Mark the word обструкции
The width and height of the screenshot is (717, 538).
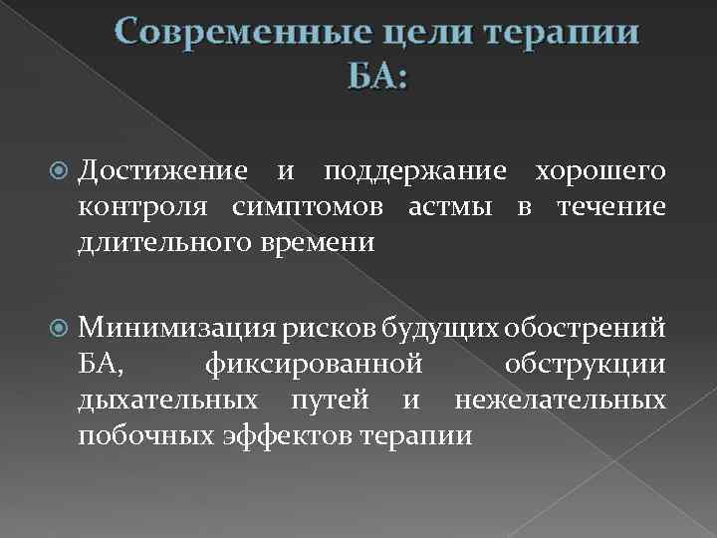[585, 366]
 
